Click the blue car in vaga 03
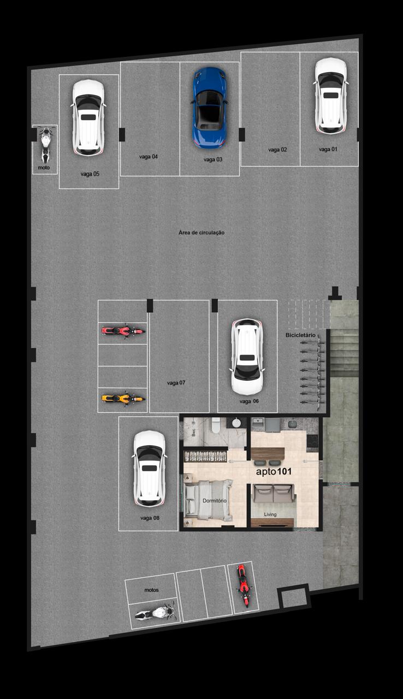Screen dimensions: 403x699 point(209,108)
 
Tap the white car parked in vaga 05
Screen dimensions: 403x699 point(88,117)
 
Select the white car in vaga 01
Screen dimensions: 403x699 point(330,96)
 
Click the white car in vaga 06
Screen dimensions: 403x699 point(247,357)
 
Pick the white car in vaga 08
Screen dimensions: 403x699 point(150,469)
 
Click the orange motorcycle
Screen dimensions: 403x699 point(123,399)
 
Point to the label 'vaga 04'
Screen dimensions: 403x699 point(149,157)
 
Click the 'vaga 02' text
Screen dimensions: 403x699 point(277,150)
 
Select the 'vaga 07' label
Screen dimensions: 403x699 point(176,383)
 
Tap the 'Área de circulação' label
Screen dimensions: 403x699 point(201,233)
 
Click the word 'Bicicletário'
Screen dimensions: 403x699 point(300,335)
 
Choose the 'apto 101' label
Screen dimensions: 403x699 point(274,471)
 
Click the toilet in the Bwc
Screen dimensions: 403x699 point(216,425)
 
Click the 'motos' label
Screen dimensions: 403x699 point(152,590)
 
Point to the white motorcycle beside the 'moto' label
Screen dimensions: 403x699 point(45,145)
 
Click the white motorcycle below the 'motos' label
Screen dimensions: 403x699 point(155,612)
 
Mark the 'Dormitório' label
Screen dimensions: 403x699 point(215,501)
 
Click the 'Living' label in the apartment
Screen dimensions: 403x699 point(270,514)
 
